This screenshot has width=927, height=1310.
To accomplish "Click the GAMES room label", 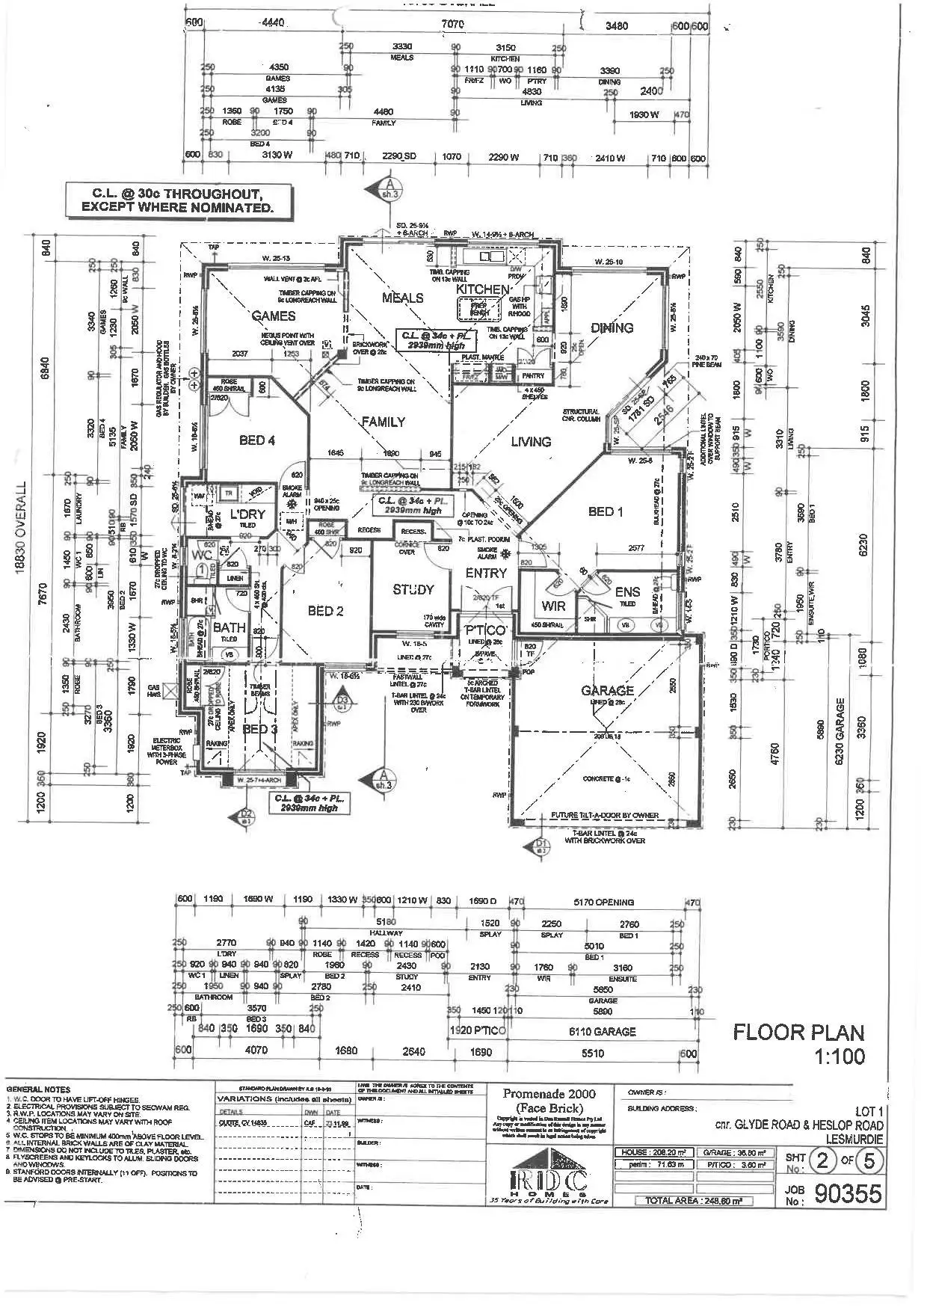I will pos(273,316).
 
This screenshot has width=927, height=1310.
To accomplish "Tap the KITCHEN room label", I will pos(483,289).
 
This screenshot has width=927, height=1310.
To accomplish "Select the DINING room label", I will pos(612,327).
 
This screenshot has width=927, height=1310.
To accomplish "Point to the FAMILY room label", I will pos(383,422).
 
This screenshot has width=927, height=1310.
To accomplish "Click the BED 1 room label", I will pos(606,511).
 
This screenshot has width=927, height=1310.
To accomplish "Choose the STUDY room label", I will pos(413,590).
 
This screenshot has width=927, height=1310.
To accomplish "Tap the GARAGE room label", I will pos(607,690).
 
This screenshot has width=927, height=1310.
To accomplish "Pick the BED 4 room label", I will pos(256,440).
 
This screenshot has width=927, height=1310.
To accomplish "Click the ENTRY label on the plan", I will pos(486,573).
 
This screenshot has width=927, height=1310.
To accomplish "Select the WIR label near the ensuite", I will pos(553,606).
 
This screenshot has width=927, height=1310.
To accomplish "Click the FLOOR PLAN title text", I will pos(798,1033).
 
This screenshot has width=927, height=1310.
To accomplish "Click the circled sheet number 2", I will pos(822,1163).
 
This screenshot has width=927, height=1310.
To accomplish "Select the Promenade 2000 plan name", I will pos(549,1093).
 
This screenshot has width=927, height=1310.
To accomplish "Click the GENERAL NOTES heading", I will pos(38,1089).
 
